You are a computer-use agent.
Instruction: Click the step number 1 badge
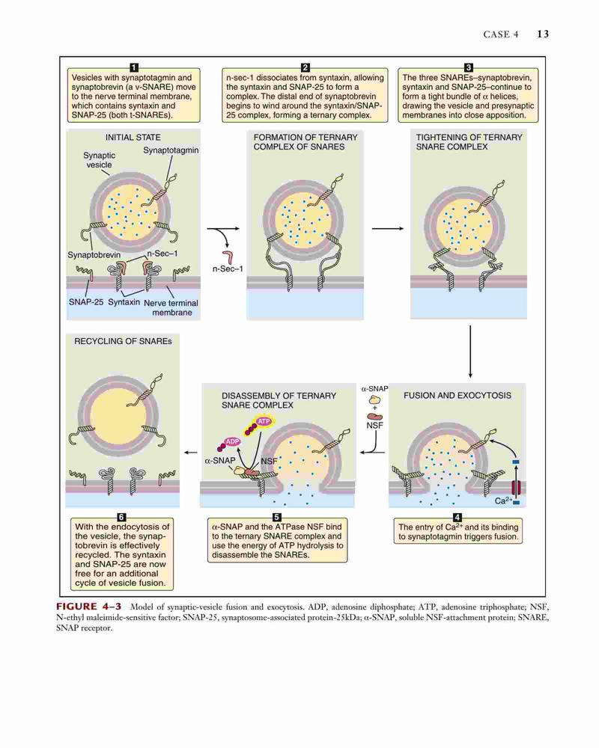click(x=134, y=67)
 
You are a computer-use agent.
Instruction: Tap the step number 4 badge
click(x=457, y=518)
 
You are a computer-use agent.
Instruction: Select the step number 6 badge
click(x=121, y=517)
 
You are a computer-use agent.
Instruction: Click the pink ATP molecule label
click(x=264, y=421)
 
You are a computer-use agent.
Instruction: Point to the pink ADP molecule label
click(x=232, y=442)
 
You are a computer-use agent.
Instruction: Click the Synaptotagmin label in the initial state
click(x=171, y=150)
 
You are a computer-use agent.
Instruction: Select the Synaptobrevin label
click(x=94, y=255)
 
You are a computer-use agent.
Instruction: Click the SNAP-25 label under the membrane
click(x=85, y=302)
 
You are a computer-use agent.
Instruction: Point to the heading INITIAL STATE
click(x=133, y=138)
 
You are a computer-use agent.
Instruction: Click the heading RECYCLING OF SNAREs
click(x=123, y=341)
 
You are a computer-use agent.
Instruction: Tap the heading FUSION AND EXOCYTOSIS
click(x=457, y=396)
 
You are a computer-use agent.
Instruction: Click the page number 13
click(x=543, y=34)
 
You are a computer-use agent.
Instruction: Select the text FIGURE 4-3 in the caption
click(x=88, y=607)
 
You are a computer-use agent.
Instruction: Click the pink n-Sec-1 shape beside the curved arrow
click(x=228, y=257)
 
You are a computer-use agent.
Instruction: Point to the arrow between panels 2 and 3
click(x=387, y=228)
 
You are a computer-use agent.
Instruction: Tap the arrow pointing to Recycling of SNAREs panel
click(x=191, y=453)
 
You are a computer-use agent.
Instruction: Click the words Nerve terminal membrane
click(x=171, y=307)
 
